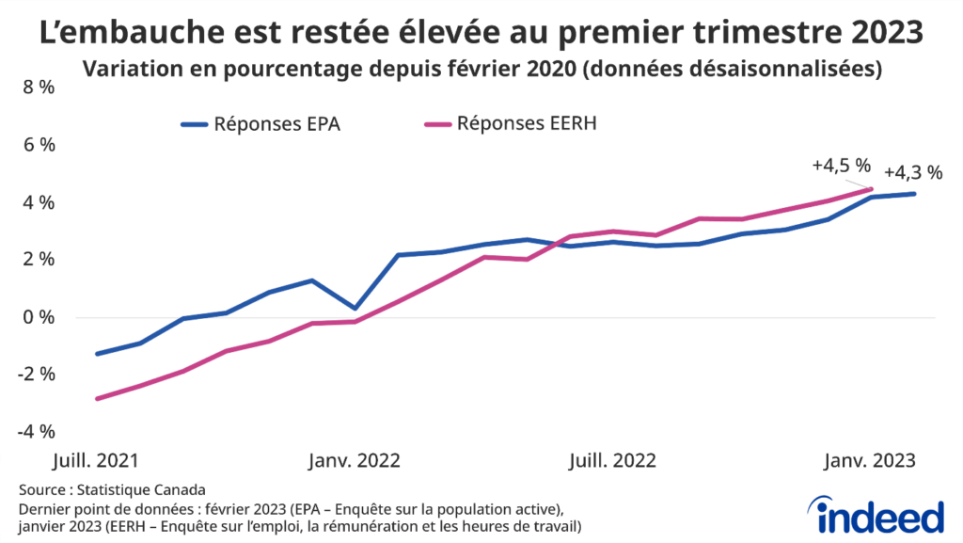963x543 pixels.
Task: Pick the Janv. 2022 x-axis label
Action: (355, 461)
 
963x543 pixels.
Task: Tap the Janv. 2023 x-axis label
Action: (870, 461)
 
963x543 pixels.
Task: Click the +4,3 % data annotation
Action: (912, 172)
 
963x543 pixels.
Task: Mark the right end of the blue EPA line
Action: (914, 194)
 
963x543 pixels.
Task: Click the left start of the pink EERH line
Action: (97, 399)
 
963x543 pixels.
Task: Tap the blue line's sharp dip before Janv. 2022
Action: (355, 308)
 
